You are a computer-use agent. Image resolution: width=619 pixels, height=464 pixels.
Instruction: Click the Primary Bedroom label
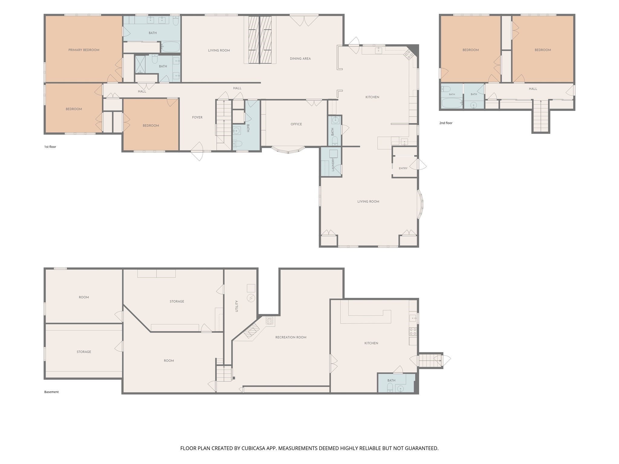[84, 50]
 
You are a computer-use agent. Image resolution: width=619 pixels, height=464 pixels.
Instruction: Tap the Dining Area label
[300, 59]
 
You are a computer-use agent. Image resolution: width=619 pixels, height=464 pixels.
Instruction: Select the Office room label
[296, 124]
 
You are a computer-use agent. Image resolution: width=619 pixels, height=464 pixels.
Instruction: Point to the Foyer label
[197, 118]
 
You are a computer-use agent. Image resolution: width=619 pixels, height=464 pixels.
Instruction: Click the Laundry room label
[333, 165]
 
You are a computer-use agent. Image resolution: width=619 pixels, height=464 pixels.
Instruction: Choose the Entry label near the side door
[403, 168]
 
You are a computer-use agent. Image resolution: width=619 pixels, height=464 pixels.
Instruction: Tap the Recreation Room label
[291, 337]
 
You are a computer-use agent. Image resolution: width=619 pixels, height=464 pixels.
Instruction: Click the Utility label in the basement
[237, 306]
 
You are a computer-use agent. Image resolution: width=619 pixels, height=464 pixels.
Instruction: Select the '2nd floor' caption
[446, 123]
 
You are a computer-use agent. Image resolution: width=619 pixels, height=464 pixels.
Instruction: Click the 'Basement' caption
[51, 392]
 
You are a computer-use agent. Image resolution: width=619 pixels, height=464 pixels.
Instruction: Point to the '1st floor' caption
[50, 147]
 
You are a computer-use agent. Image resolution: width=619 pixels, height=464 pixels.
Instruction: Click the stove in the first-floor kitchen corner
[409, 54]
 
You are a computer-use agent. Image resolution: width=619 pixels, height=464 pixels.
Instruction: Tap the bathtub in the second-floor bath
[452, 103]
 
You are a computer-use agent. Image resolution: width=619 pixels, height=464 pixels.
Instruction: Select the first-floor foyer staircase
[224, 125]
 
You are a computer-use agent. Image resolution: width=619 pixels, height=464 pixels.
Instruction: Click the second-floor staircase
[541, 116]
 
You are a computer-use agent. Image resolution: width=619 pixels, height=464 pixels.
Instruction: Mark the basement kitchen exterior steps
[430, 360]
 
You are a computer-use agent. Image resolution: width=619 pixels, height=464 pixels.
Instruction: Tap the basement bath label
[391, 381]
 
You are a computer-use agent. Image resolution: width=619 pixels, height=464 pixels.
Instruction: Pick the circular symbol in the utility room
[251, 298]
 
